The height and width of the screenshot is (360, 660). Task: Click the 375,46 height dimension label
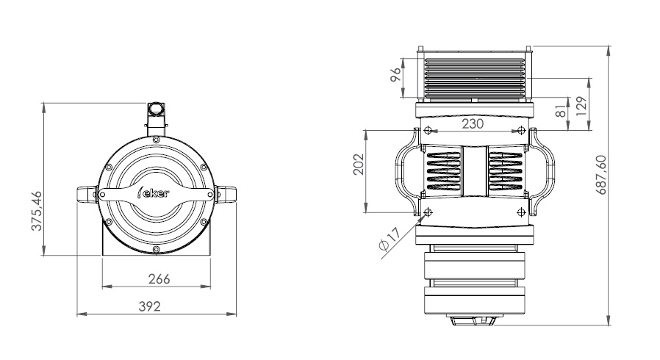(37, 211)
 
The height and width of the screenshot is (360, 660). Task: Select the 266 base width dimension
(159, 279)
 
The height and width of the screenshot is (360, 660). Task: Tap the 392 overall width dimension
(150, 306)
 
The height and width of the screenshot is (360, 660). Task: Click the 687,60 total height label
(601, 175)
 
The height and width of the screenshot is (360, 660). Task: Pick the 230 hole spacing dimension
(473, 123)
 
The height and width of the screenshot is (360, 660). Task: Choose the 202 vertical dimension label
(358, 165)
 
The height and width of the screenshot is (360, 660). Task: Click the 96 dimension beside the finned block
(396, 75)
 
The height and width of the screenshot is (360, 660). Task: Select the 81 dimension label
(561, 111)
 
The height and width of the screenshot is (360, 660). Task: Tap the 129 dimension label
(581, 107)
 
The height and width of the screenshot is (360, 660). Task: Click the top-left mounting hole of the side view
(428, 130)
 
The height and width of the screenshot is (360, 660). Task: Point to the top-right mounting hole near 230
(521, 130)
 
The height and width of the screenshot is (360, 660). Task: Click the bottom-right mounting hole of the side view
(521, 212)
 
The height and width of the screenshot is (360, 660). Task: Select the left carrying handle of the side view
(407, 172)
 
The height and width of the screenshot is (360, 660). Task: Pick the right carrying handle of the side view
(542, 172)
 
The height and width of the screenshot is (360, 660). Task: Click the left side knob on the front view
(87, 194)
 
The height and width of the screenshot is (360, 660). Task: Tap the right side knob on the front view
(225, 194)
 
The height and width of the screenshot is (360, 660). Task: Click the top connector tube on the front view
(156, 118)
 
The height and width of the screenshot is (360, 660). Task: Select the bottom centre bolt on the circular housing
(156, 249)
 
